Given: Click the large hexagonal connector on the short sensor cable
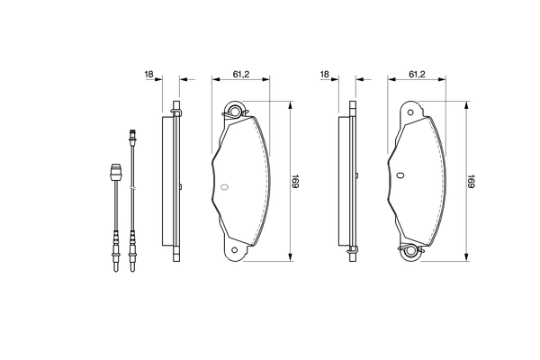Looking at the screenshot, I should coord(114,171).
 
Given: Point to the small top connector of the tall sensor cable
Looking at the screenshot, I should coord(132,138).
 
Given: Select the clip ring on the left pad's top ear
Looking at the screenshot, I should coord(236,112).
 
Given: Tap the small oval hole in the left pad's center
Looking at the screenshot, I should coord(225,188).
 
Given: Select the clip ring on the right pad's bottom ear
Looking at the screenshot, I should coord(412,252).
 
